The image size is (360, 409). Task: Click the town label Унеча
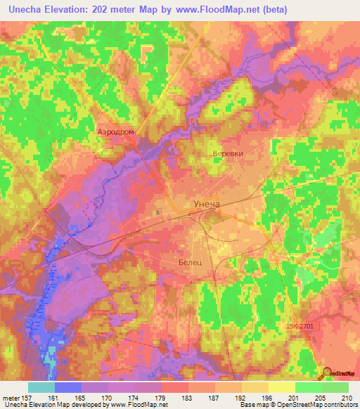click(207, 204)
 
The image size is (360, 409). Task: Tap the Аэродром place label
click(115, 131)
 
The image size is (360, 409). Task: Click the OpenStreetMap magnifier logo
click(328, 374)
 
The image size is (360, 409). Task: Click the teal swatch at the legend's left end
click(41, 387)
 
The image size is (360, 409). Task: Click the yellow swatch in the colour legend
click(282, 387)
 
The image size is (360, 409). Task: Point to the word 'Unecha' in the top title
click(27, 10)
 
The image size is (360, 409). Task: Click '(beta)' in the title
click(269, 10)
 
